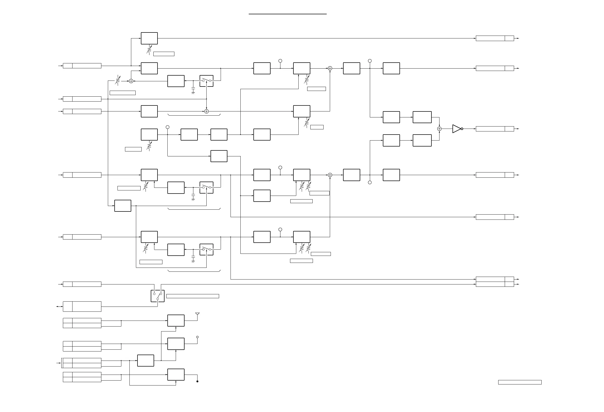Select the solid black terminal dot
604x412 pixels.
tap(198, 381)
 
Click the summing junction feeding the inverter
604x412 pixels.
tap(439, 129)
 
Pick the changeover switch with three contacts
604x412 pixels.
tap(157, 296)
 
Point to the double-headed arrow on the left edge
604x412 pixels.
tap(60, 307)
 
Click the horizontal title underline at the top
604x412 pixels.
tap(287, 14)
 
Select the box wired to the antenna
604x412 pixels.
tap(176, 321)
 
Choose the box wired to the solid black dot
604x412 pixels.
tap(176, 375)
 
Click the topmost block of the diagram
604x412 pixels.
tap(149, 38)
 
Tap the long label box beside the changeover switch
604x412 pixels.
tap(193, 296)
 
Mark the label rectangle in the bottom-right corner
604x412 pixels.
tap(520, 382)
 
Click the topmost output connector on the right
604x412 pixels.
tap(495, 38)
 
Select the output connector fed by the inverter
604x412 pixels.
tap(495, 129)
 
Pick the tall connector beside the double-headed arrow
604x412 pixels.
tap(82, 307)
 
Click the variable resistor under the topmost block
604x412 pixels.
tap(149, 50)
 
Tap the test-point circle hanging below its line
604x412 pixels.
tap(370, 182)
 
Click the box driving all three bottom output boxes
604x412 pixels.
tap(146, 361)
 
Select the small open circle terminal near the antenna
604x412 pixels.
tap(198, 337)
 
